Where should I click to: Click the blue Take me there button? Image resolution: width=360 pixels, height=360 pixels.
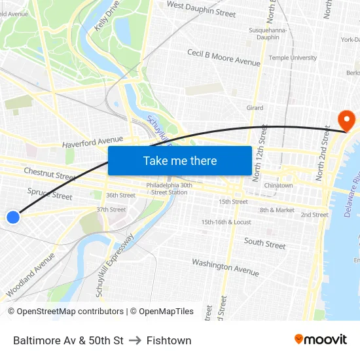pos(180,160)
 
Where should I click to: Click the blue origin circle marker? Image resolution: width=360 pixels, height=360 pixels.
pos(12,217)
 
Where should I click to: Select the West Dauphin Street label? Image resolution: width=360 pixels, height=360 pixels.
pos(201,9)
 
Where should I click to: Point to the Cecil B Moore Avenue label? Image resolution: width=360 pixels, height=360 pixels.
pos(223,58)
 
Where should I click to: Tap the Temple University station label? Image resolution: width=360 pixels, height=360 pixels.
pos(293,58)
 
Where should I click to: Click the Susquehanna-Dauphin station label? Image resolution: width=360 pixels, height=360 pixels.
pos(264,33)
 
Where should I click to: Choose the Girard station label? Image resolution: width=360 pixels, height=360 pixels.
pos(255,108)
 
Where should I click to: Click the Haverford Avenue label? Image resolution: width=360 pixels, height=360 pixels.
pos(92,141)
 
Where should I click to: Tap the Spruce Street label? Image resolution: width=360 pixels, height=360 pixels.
pos(50,194)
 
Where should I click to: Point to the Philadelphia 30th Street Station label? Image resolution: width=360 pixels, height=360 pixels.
pos(169,189)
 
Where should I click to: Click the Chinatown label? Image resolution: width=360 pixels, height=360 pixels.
pos(278,185)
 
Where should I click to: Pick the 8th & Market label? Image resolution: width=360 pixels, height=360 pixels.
pos(277,210)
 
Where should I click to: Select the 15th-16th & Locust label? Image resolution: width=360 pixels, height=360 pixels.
pos(226,222)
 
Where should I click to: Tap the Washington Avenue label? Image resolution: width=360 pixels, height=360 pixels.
pos(225,266)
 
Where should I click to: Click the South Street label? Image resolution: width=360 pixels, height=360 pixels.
pos(264,243)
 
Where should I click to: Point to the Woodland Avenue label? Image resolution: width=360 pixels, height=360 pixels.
pos(30,275)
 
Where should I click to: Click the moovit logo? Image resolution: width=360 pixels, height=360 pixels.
pos(320,340)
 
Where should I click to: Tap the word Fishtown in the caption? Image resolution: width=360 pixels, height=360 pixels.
pos(169,340)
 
